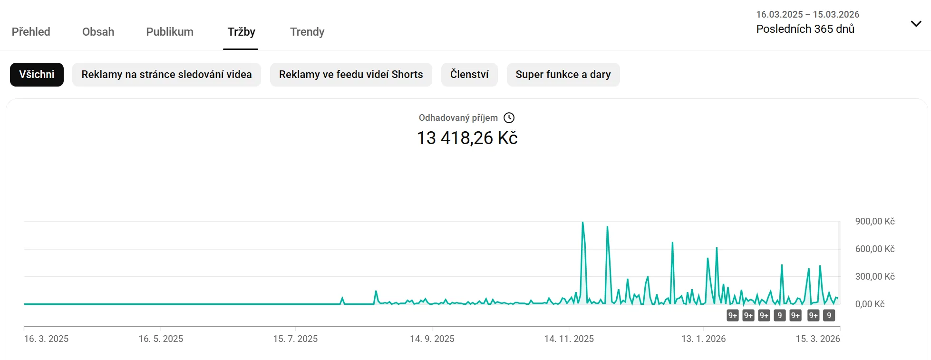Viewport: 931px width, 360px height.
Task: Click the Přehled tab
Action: pyautogui.click(x=31, y=32)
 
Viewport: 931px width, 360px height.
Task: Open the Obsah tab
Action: pyautogui.click(x=98, y=32)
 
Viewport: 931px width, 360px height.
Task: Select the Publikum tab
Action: pyautogui.click(x=170, y=32)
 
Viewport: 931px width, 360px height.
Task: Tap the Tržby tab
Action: pyautogui.click(x=241, y=32)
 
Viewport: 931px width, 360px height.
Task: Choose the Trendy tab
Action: pyautogui.click(x=307, y=32)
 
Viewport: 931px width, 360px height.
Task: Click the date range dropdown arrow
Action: pyautogui.click(x=916, y=24)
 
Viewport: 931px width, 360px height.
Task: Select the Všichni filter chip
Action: pyautogui.click(x=37, y=75)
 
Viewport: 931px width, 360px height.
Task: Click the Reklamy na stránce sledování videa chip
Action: pyautogui.click(x=166, y=75)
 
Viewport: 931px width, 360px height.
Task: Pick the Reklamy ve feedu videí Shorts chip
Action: pyautogui.click(x=351, y=75)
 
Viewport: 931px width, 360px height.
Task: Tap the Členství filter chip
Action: pyautogui.click(x=469, y=75)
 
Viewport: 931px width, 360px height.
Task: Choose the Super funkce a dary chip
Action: pyautogui.click(x=563, y=75)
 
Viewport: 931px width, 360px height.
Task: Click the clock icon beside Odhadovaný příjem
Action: pyautogui.click(x=509, y=118)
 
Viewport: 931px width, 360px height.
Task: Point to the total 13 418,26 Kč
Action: pyautogui.click(x=467, y=138)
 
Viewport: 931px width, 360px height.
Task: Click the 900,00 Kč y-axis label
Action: pyautogui.click(x=874, y=222)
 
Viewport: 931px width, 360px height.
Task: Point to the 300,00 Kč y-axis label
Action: pyautogui.click(x=874, y=277)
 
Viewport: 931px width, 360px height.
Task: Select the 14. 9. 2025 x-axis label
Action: pyautogui.click(x=432, y=339)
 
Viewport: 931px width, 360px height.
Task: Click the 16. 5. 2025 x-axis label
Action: pyautogui.click(x=161, y=339)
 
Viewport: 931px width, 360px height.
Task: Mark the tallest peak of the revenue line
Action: pyautogui.click(x=582, y=223)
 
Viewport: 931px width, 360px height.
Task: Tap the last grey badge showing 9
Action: pyautogui.click(x=829, y=315)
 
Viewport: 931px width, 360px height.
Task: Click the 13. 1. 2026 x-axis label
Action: pyautogui.click(x=703, y=339)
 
